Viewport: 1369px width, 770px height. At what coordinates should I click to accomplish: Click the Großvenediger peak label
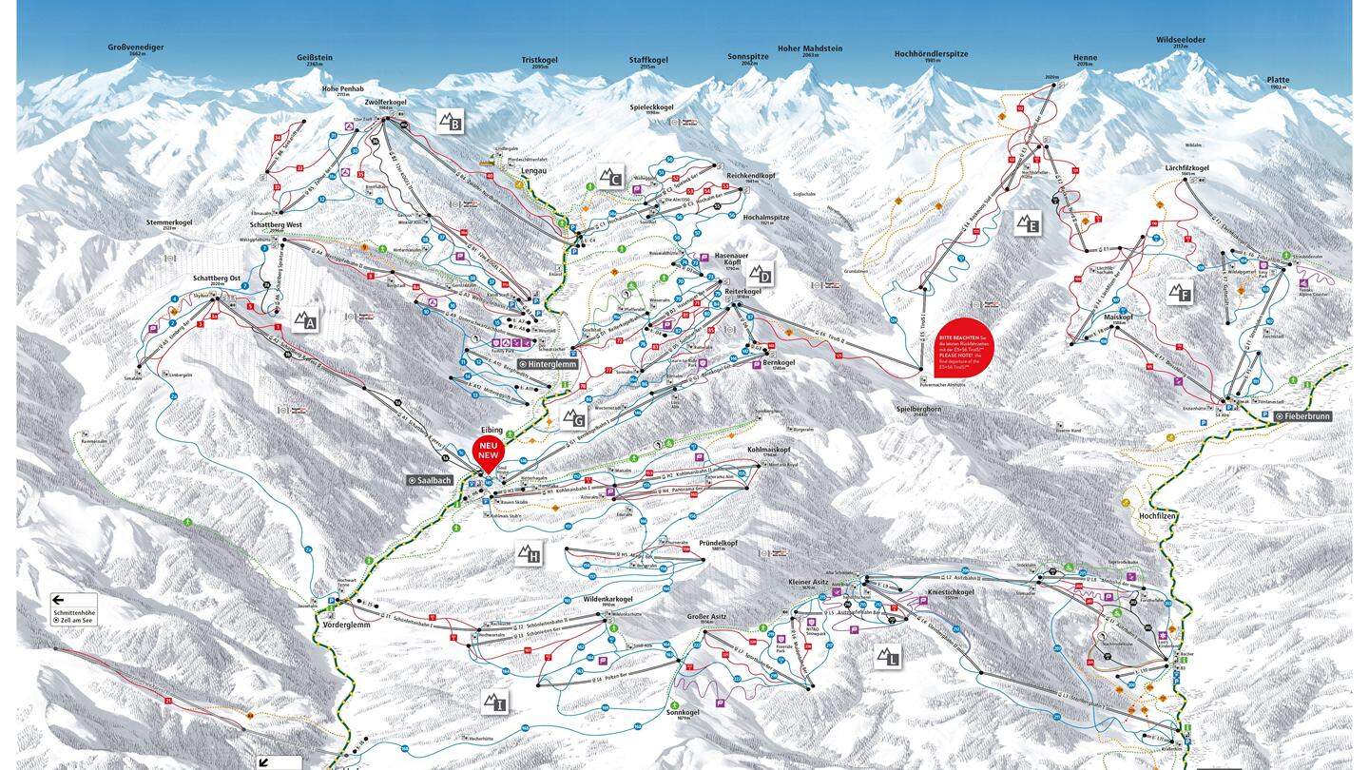(137, 47)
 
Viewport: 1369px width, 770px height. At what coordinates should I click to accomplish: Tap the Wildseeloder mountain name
(1180, 41)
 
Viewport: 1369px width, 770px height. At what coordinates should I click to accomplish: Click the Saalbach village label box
(432, 480)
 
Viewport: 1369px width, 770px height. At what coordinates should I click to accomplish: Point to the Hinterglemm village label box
(549, 364)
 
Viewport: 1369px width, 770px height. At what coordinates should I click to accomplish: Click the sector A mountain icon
(305, 321)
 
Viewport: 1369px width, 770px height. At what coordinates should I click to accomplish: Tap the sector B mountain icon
(450, 121)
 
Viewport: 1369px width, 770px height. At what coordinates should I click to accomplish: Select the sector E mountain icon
(1027, 223)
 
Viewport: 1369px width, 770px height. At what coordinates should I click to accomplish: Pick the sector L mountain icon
(888, 657)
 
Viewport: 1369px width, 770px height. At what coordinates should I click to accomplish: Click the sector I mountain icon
(494, 703)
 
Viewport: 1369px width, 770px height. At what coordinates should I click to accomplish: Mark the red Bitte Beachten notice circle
(965, 348)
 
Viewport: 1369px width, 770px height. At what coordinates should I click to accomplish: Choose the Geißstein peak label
(315, 58)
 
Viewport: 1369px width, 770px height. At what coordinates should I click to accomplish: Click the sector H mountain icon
(529, 553)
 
